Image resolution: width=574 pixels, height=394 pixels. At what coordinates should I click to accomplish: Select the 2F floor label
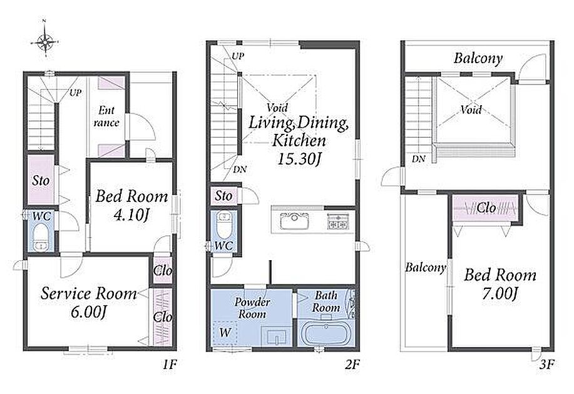tap(353, 364)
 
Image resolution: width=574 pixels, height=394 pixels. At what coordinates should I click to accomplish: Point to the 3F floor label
tap(547, 364)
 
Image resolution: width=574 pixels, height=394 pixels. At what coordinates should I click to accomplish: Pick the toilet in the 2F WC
tap(223, 225)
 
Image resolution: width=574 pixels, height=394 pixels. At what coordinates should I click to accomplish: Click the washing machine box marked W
tap(225, 333)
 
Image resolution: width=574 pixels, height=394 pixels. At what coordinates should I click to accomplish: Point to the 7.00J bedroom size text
tap(500, 293)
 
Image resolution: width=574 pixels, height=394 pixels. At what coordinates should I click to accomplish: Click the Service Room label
tap(89, 293)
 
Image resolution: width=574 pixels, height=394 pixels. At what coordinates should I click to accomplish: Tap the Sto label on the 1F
tap(41, 180)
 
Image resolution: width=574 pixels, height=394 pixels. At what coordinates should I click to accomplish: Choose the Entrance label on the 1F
tap(106, 116)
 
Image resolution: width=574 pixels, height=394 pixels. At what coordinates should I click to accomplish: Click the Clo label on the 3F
tap(486, 208)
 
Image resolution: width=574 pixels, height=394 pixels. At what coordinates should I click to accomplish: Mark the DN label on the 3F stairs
tap(418, 159)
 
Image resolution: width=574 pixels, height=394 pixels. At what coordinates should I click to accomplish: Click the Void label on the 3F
tap(471, 109)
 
